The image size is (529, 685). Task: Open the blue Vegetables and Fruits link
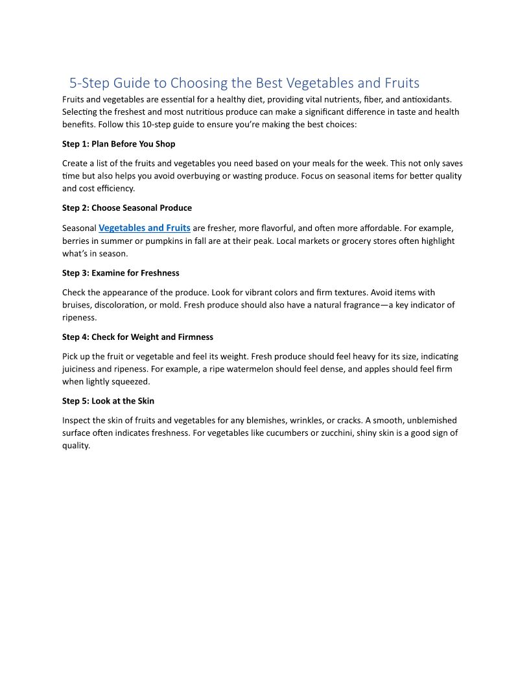[144, 228]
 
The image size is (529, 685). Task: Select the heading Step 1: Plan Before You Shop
[119, 143]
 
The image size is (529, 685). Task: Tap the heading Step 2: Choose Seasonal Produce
[127, 208]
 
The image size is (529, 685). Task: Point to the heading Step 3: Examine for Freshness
[121, 272]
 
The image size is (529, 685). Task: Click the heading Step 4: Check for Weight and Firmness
[137, 337]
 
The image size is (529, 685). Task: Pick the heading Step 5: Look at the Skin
[108, 401]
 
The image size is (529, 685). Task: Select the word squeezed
[131, 382]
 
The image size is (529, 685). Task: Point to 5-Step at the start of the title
[89, 83]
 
